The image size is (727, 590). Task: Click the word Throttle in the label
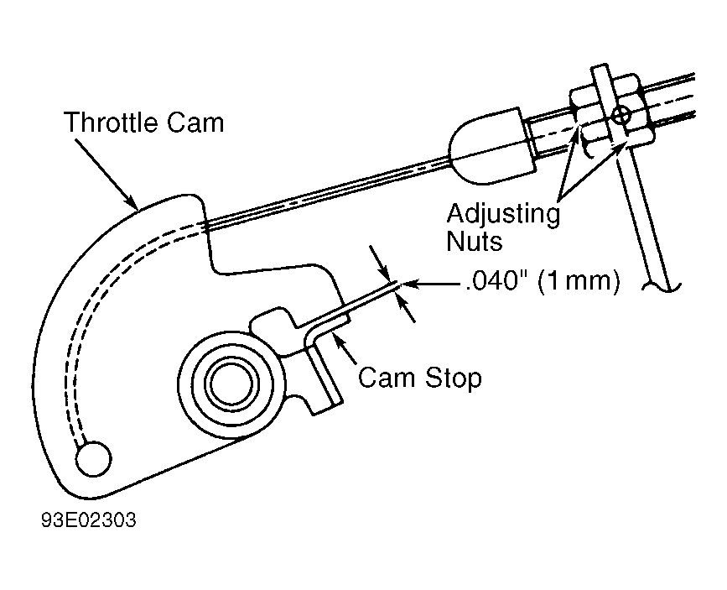pos(111,123)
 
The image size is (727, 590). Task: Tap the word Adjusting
pos(503,216)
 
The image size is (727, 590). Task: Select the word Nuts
pos(474,242)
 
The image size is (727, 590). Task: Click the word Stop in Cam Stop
pos(453,378)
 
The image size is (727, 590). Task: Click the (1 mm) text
pos(579,281)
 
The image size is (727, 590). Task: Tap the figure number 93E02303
pos(89,520)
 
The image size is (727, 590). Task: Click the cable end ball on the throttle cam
pos(93,458)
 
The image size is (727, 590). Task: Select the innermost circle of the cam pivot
pos(231,384)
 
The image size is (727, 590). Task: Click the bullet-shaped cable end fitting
pos(492,145)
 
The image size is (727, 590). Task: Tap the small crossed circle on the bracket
pos(620,115)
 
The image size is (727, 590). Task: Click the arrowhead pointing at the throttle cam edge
pos(130,201)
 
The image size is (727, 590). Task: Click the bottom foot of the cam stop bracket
pos(325,405)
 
